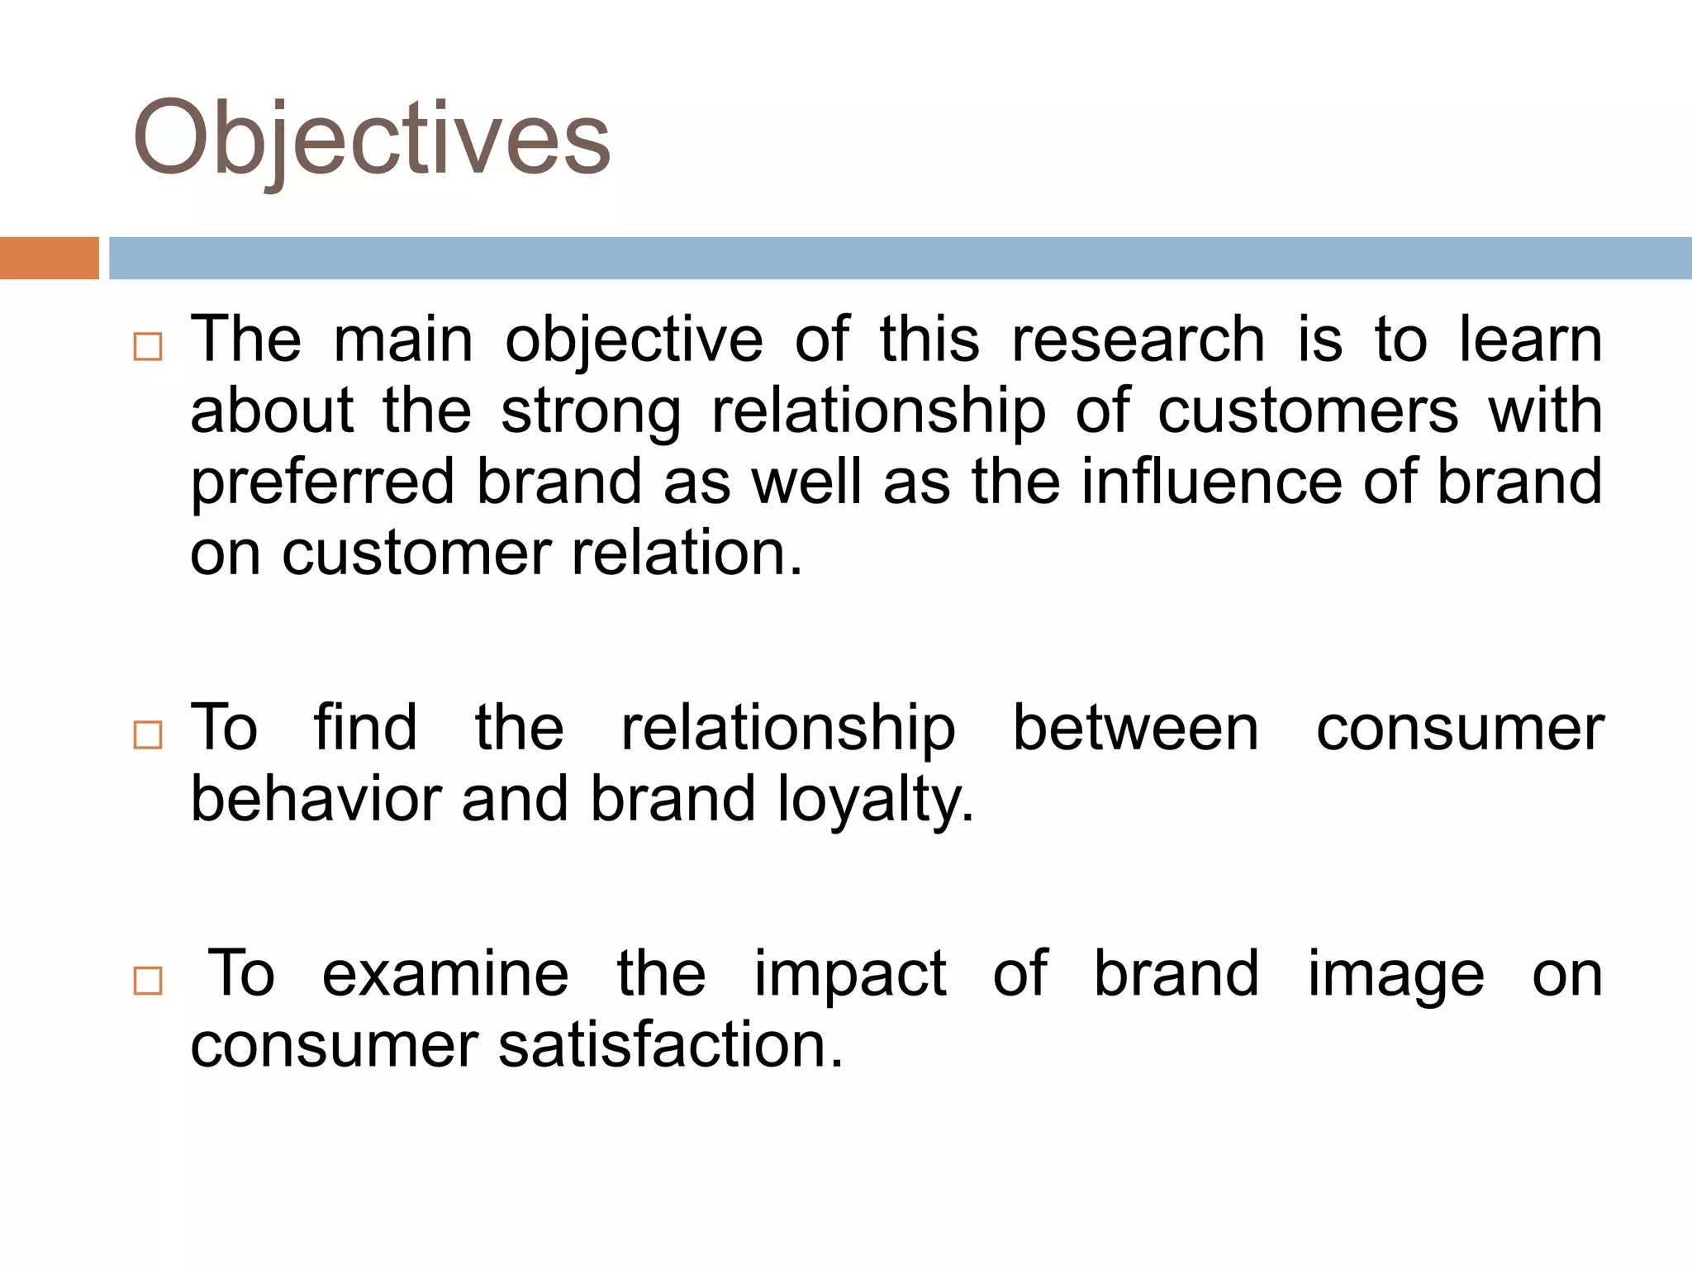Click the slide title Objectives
click(x=371, y=139)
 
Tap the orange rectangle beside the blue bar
click(x=49, y=258)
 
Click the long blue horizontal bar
click(x=900, y=258)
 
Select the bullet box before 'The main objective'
click(x=148, y=347)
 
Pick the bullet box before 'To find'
click(x=148, y=734)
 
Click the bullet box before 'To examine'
click(x=148, y=981)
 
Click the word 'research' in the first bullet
click(x=1138, y=340)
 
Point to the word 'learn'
click(x=1530, y=340)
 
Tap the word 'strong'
click(x=591, y=412)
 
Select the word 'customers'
click(x=1308, y=411)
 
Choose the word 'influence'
click(x=1212, y=482)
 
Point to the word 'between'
click(x=1136, y=728)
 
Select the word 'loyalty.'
click(x=876, y=801)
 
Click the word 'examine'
click(x=445, y=974)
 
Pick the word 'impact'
click(x=850, y=976)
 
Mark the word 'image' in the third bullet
click(x=1396, y=976)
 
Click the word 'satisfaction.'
click(x=670, y=1045)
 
